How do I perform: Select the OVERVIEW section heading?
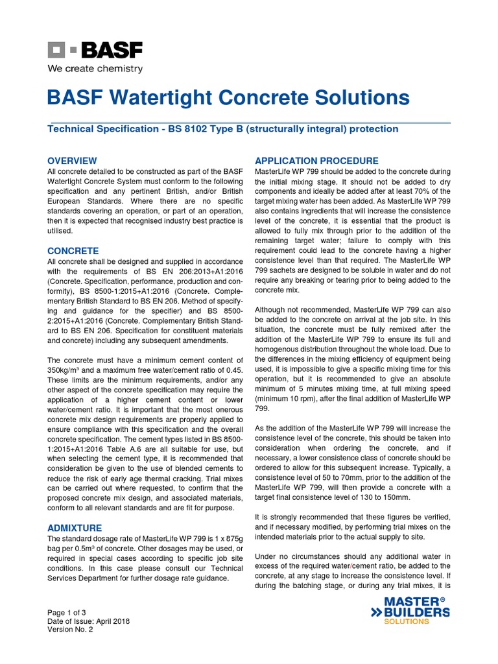click(73, 160)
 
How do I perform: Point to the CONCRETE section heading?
click(73, 250)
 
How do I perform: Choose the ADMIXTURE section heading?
click(75, 528)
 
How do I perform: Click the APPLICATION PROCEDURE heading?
click(316, 160)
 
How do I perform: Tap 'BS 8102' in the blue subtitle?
click(185, 129)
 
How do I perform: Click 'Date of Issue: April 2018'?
click(89, 621)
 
